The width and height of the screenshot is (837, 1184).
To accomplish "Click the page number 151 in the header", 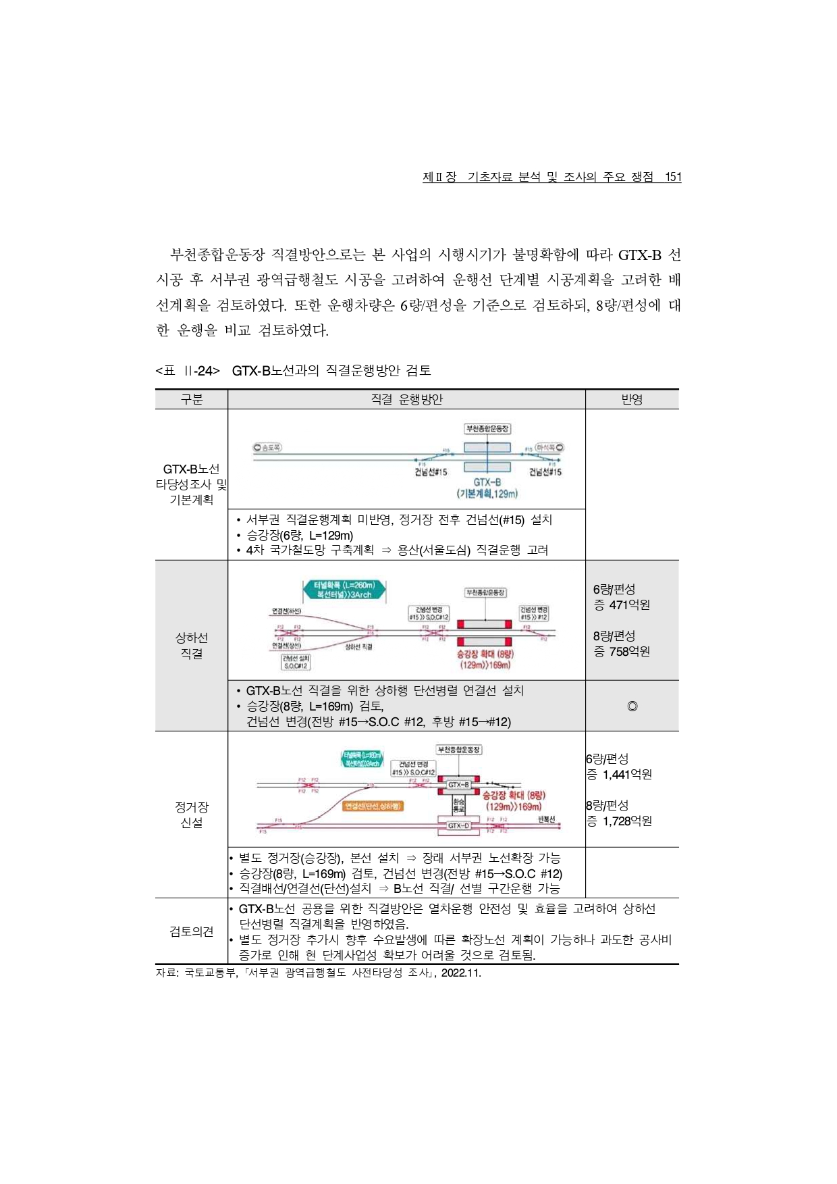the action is pyautogui.click(x=673, y=177).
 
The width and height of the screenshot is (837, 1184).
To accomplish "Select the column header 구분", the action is pyautogui.click(x=192, y=399).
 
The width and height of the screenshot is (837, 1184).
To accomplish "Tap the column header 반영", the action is pyautogui.click(x=632, y=399).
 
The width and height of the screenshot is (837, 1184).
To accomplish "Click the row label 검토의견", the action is pyautogui.click(x=192, y=931).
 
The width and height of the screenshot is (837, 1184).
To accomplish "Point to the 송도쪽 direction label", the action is pyautogui.click(x=268, y=447).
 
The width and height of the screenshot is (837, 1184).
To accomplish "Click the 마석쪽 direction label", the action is pyautogui.click(x=549, y=447).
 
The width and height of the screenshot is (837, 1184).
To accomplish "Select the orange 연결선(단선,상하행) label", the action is pyautogui.click(x=373, y=806).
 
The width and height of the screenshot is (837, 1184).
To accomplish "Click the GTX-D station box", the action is pyautogui.click(x=458, y=825).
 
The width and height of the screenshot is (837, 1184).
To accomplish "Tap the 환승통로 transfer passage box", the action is pyautogui.click(x=458, y=805).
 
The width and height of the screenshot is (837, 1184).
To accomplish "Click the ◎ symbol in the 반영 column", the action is pyautogui.click(x=632, y=706).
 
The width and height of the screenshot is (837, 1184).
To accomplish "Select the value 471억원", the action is pyautogui.click(x=629, y=605).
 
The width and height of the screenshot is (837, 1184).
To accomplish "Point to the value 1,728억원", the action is pyautogui.click(x=627, y=821).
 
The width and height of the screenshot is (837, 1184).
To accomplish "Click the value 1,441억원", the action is pyautogui.click(x=627, y=775).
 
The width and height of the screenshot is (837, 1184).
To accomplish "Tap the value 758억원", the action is pyautogui.click(x=629, y=652).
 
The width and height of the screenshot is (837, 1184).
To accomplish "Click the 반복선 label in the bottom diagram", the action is pyautogui.click(x=546, y=819).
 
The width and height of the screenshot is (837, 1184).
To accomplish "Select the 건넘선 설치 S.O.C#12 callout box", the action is pyautogui.click(x=296, y=662).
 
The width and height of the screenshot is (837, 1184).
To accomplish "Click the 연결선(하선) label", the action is pyautogui.click(x=286, y=611).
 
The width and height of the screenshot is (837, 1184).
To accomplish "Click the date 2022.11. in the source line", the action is pyautogui.click(x=461, y=973).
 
